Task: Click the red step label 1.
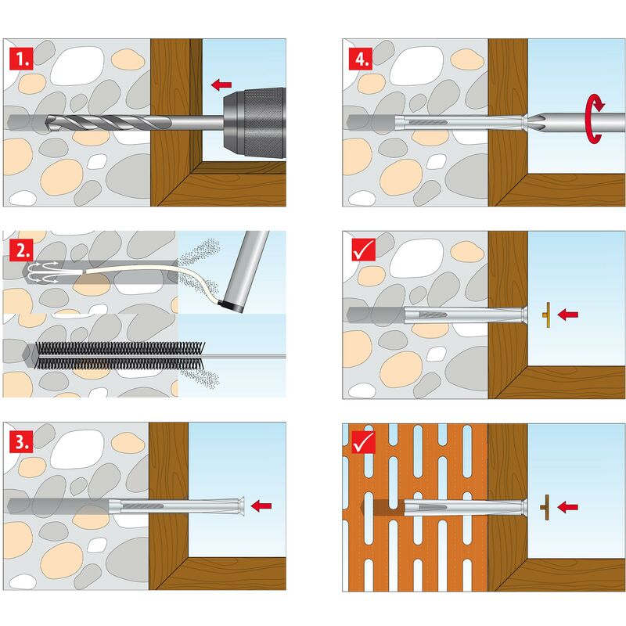(x=21, y=59)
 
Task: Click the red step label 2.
(x=21, y=250)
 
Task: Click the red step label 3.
(x=21, y=442)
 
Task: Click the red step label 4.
(x=361, y=59)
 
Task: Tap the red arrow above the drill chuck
(x=221, y=85)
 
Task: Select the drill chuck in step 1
(x=254, y=122)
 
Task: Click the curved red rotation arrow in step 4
(x=594, y=119)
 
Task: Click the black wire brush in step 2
(x=121, y=355)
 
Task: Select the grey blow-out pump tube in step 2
(x=244, y=271)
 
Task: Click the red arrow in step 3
(x=261, y=505)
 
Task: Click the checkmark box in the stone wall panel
(x=364, y=250)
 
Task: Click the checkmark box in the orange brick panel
(x=364, y=442)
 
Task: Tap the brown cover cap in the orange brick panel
(x=545, y=507)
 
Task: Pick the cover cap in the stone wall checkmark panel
(x=547, y=315)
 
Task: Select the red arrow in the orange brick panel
(x=568, y=507)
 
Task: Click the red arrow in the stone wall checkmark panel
(x=568, y=315)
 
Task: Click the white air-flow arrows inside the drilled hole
(x=43, y=272)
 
